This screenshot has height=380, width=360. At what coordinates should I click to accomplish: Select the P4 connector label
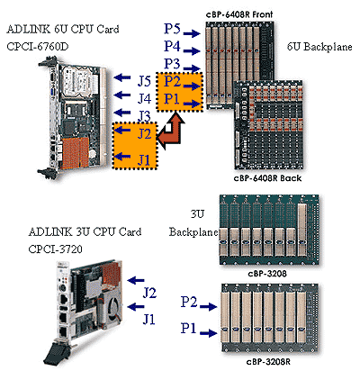172,45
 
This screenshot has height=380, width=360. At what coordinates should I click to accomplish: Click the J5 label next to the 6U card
144,80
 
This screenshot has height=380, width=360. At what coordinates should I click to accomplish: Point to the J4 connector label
144,96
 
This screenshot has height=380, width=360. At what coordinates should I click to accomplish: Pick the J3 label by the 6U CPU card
144,114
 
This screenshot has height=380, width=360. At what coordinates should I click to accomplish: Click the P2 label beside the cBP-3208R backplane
189,300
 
